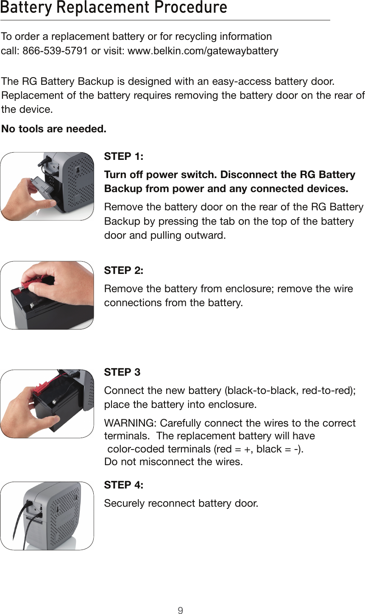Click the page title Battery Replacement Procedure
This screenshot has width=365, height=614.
tap(114, 8)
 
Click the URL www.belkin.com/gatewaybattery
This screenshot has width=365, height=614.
tap(203, 51)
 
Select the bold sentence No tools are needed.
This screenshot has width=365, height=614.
tap(54, 128)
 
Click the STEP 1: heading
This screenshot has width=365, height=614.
tap(124, 156)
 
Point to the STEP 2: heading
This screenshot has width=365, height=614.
tap(124, 271)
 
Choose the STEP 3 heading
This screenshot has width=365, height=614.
tap(122, 372)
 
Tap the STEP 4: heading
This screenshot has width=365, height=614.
tap(124, 485)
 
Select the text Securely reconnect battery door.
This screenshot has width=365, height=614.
tap(181, 504)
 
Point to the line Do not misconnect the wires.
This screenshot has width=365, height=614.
tap(174, 462)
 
